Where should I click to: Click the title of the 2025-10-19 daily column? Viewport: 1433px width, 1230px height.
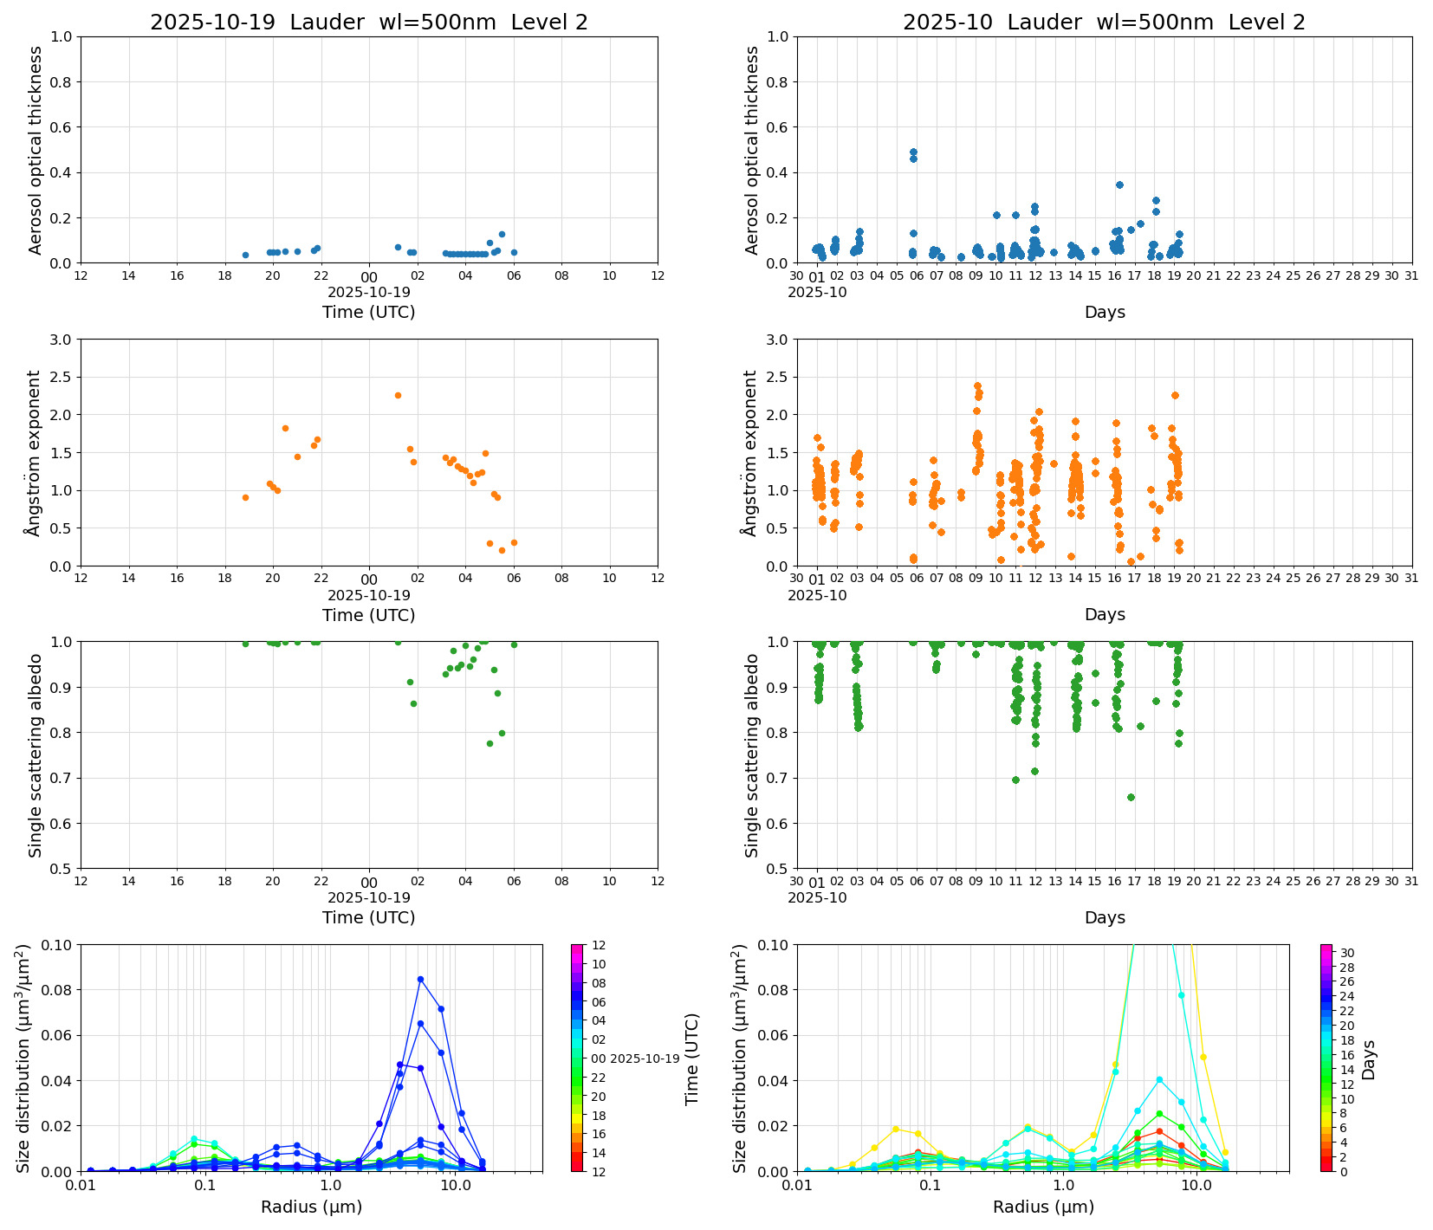click(368, 23)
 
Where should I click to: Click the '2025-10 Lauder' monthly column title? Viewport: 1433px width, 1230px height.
click(1103, 23)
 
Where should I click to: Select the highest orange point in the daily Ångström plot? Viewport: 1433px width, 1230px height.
click(398, 395)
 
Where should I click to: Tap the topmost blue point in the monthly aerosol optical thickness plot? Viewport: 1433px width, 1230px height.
click(913, 152)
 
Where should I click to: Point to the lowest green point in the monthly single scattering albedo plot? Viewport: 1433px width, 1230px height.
click(1131, 797)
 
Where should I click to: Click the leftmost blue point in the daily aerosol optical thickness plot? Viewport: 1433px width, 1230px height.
click(245, 255)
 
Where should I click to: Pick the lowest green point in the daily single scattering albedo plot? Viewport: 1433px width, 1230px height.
click(490, 743)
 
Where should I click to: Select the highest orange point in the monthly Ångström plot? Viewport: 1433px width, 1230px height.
click(977, 385)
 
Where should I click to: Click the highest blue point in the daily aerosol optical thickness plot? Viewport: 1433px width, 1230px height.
click(502, 234)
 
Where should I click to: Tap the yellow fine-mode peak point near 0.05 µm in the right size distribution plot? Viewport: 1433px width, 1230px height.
click(896, 1129)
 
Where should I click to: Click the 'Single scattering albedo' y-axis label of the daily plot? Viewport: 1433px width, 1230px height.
click(36, 755)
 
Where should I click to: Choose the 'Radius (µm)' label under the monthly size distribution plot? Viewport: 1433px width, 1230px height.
click(1043, 1207)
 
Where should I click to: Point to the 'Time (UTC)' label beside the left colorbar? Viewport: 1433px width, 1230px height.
click(691, 1058)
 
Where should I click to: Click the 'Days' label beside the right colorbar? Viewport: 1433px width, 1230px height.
click(1369, 1058)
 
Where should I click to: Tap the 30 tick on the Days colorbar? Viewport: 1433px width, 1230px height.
click(1346, 953)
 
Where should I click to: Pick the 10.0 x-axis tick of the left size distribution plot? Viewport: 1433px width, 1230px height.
click(455, 1184)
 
